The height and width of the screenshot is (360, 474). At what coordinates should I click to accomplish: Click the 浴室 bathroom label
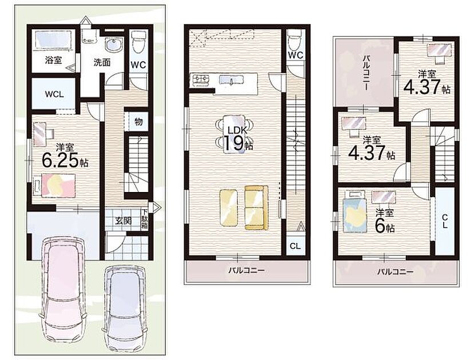(54, 60)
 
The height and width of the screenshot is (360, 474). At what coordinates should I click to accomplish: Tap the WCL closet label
(54, 94)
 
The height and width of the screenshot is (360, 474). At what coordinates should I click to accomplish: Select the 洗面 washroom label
(102, 62)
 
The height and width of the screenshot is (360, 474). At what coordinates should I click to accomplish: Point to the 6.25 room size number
(60, 160)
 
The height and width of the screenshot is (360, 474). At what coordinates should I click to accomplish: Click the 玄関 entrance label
(124, 221)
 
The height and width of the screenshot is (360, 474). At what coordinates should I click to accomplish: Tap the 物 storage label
(138, 122)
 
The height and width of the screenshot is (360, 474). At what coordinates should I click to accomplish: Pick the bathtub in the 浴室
(53, 40)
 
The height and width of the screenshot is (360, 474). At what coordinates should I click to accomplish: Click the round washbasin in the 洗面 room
(114, 46)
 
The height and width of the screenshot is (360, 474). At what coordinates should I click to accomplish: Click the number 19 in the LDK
(234, 143)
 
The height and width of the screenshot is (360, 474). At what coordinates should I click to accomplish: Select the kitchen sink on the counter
(231, 81)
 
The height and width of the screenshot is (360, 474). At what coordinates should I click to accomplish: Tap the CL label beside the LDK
(295, 246)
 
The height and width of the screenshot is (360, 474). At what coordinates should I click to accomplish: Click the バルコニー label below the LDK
(246, 270)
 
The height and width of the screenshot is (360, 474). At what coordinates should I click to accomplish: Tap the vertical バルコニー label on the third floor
(365, 73)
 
